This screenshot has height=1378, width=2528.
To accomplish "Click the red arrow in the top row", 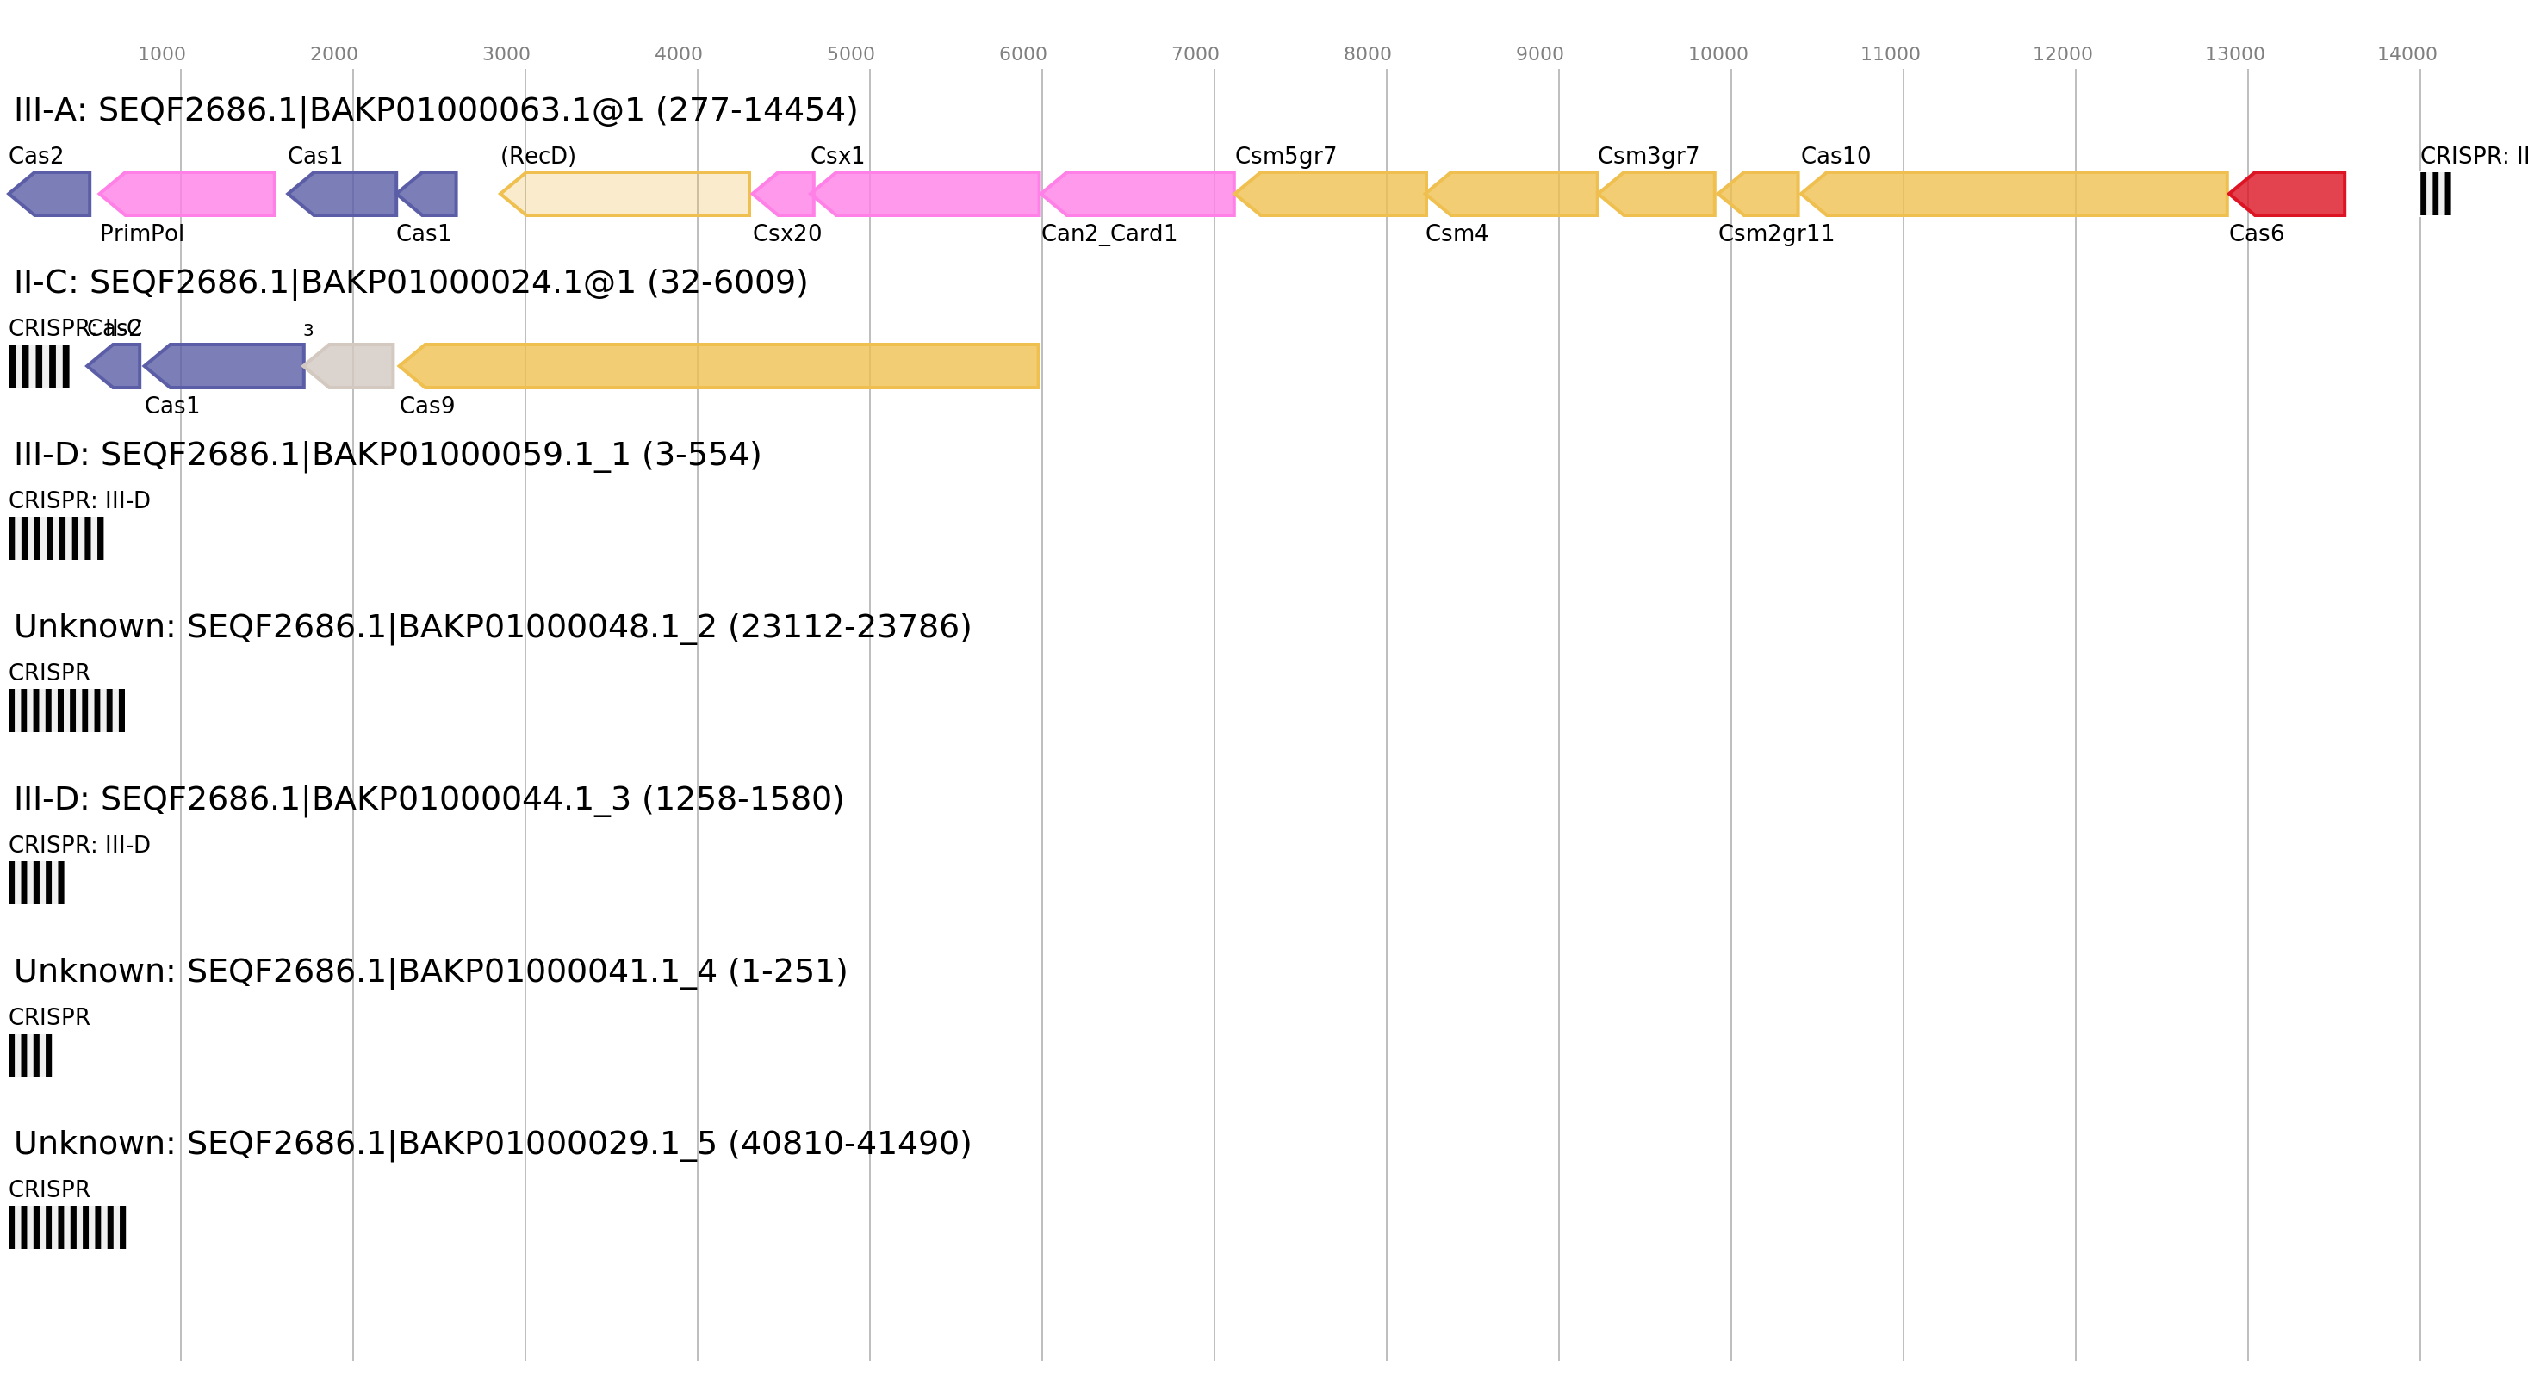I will tap(2289, 194).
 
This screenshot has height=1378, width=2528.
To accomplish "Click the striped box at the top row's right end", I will tap(2435, 194).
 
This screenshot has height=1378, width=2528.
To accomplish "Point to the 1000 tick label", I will tap(161, 54).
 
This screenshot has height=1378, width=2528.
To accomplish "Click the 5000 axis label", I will tap(850, 54).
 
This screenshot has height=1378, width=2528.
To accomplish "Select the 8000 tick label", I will tap(1367, 54).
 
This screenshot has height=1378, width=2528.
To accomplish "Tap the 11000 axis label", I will tap(1890, 54).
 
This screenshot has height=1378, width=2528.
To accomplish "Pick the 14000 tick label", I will tap(2407, 54).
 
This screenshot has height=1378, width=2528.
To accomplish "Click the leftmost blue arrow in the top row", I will tap(51, 194).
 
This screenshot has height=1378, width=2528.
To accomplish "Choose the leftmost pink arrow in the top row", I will tap(189, 194).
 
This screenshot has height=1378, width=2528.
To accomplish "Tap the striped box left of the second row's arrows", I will tap(40, 366).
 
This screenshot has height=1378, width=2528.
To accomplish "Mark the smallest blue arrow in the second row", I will tap(115, 366).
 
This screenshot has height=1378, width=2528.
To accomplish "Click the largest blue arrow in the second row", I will tap(226, 366).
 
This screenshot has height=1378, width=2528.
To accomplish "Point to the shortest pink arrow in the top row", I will tap(785, 194).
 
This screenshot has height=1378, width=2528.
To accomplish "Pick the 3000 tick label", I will tap(506, 54).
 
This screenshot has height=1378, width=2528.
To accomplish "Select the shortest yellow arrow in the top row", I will tap(1760, 194).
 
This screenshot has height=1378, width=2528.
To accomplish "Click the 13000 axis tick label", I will tap(2234, 54).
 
